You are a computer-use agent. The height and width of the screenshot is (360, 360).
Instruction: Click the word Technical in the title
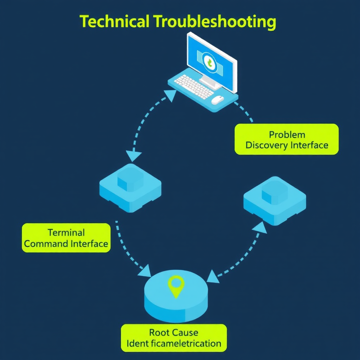coord(115,22)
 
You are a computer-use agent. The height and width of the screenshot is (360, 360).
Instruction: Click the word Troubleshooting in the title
coord(214,22)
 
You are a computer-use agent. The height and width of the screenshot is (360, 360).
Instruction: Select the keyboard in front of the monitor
coord(194,86)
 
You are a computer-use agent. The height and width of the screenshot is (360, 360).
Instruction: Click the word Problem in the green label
coord(287,135)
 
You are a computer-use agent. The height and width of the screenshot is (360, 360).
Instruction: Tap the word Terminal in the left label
coord(66,232)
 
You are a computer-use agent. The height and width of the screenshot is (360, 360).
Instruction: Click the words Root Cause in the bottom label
coord(173,333)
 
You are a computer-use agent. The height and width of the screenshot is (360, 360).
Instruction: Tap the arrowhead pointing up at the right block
coord(260,227)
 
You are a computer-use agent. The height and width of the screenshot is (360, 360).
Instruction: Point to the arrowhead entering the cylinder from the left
coord(145,271)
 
